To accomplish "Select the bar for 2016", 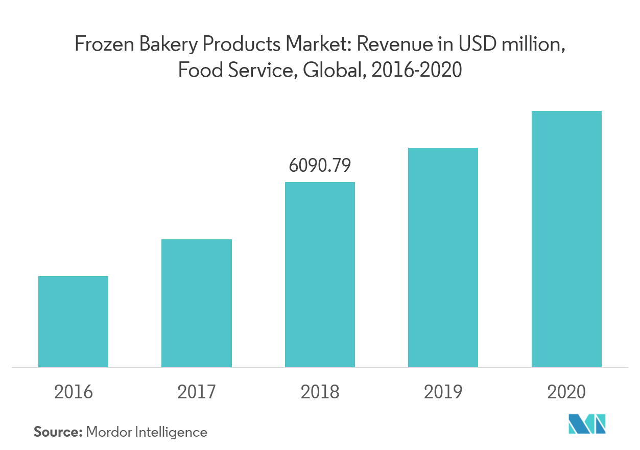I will click(x=73, y=322).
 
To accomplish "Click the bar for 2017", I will click(x=197, y=303).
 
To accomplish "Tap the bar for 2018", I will click(x=320, y=275).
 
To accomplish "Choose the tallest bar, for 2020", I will click(x=566, y=239).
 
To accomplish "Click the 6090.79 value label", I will click(x=320, y=165).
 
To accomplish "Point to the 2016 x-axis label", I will click(x=74, y=392).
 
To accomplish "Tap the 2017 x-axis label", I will click(x=197, y=392).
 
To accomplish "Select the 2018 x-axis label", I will click(x=320, y=392).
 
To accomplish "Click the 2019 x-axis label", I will click(x=443, y=392).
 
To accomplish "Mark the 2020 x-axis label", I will click(x=566, y=392).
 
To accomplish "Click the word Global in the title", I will click(x=333, y=70).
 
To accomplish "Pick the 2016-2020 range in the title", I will click(x=417, y=70).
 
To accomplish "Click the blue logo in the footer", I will click(x=587, y=425).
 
